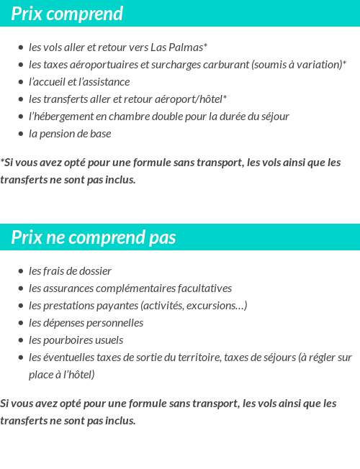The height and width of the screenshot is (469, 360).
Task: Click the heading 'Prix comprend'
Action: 67,14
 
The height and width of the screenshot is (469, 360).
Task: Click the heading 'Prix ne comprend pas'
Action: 94,237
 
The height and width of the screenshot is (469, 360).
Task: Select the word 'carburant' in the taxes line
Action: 225,65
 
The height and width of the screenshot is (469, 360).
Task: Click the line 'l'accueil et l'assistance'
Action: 79,82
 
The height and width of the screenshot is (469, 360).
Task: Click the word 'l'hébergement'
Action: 60,117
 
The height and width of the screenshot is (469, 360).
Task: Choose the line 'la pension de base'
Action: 70,134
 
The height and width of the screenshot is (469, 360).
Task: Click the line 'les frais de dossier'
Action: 70,271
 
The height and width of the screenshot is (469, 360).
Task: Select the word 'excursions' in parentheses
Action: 215,306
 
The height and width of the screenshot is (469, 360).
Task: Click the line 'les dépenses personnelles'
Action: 86,323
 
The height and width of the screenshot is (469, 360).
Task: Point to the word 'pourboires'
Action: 68,340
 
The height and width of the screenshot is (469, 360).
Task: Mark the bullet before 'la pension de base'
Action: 21,135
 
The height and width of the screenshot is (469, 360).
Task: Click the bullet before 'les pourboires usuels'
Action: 21,341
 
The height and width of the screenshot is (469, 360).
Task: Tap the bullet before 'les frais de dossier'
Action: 21,272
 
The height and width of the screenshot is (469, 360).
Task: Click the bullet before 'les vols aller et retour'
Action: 21,48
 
